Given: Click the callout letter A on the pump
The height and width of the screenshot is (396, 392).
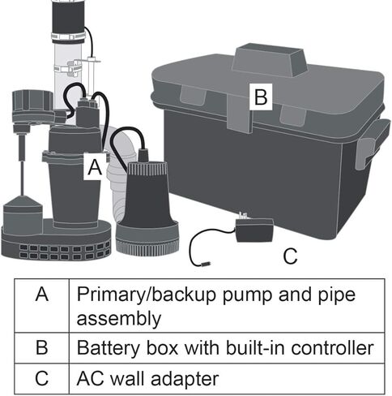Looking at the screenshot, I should tap(94, 168).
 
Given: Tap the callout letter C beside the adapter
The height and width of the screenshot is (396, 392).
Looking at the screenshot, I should tap(291, 256).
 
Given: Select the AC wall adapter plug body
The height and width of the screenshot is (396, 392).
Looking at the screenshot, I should tap(251, 230).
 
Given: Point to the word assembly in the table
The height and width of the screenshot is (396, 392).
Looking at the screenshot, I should tap(116, 316).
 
